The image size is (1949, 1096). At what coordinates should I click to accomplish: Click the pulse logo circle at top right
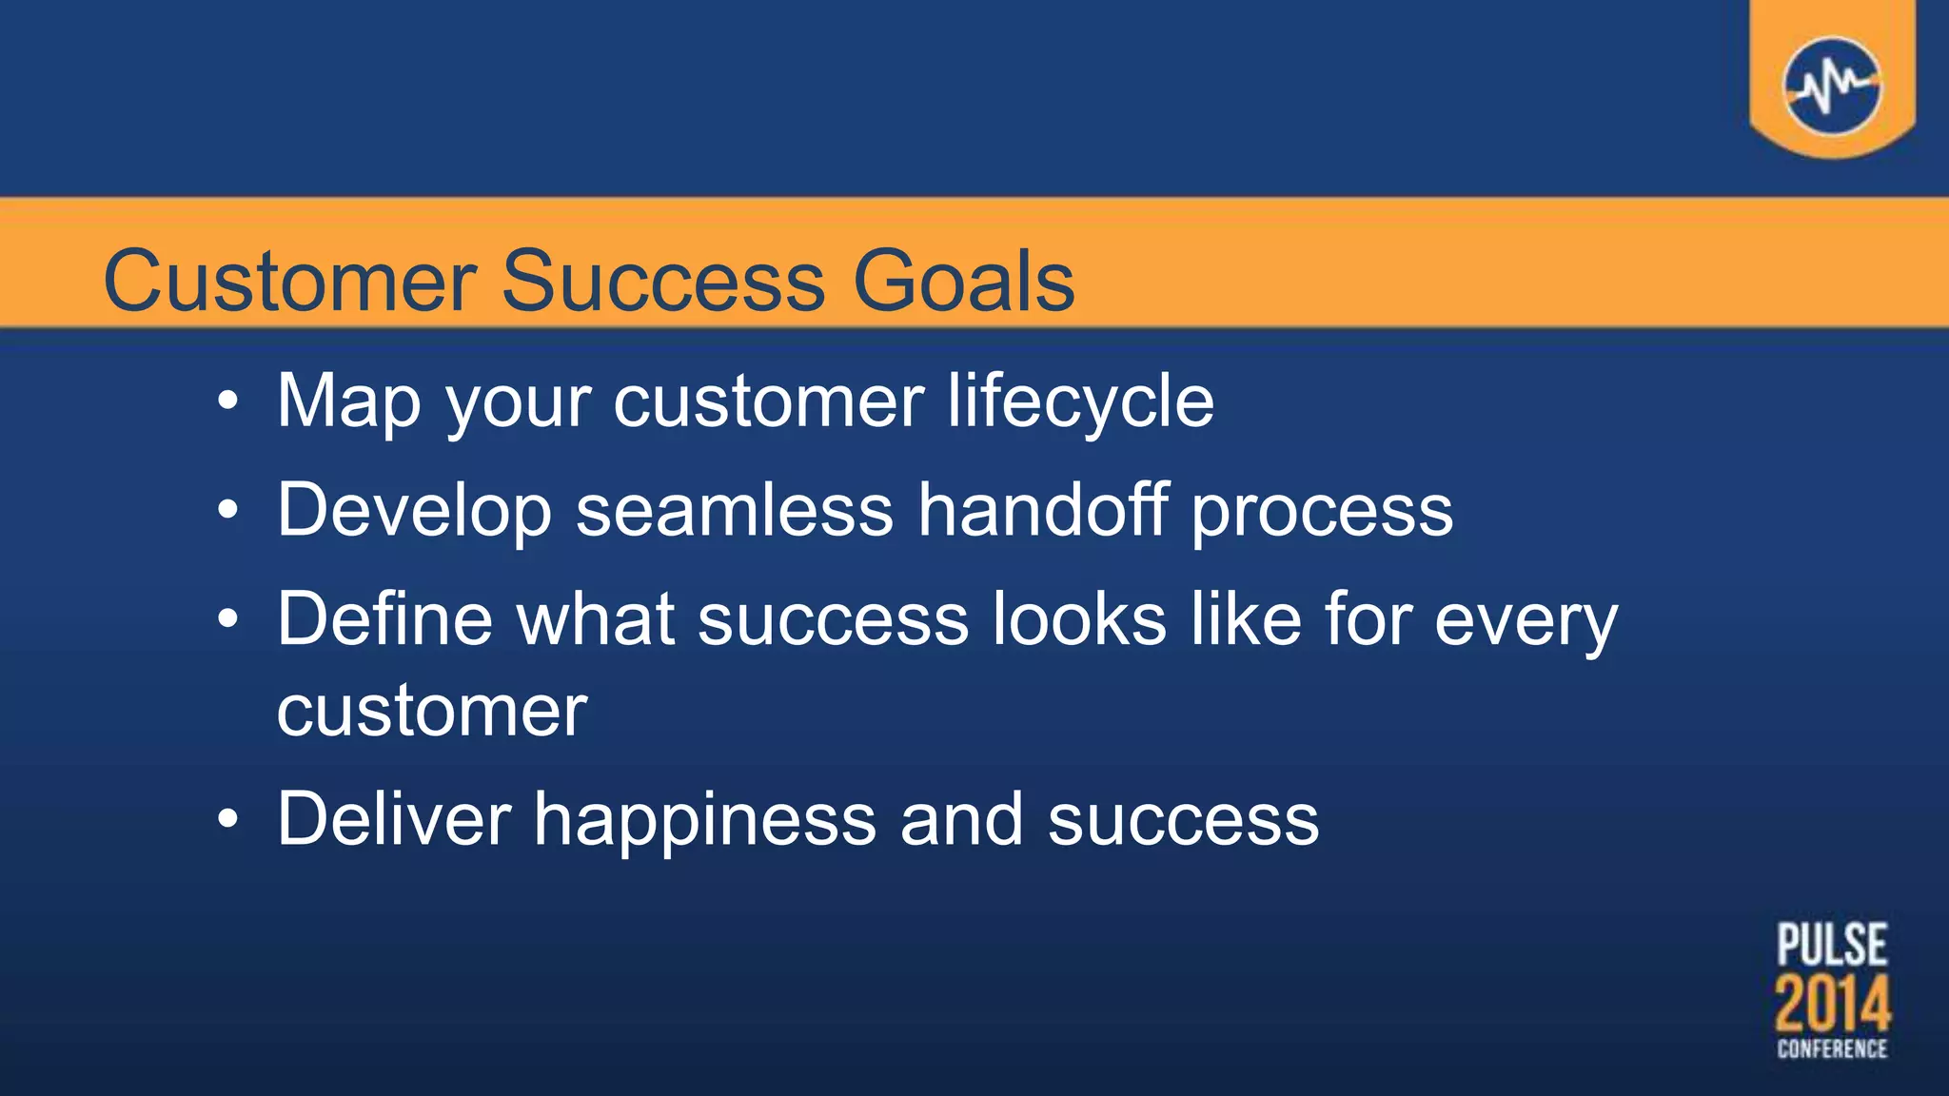(1832, 87)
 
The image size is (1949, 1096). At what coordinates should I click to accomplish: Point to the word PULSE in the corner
(1832, 946)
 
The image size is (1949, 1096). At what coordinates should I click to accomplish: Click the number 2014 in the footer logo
(1832, 1004)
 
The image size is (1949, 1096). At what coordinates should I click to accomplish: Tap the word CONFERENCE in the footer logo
(1832, 1048)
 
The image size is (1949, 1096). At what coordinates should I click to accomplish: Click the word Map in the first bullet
(348, 401)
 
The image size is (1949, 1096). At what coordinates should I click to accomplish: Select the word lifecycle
(1080, 401)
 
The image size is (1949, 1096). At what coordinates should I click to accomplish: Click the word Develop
(414, 511)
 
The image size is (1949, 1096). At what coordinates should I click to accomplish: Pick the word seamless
(735, 511)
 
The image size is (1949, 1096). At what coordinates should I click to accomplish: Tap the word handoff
(1043, 511)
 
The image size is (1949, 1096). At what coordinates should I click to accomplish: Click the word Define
(384, 619)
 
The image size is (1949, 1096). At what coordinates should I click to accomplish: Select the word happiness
(704, 820)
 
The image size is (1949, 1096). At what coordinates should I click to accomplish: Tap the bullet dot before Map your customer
(227, 401)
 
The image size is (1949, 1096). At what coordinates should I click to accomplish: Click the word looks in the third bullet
(1079, 619)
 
